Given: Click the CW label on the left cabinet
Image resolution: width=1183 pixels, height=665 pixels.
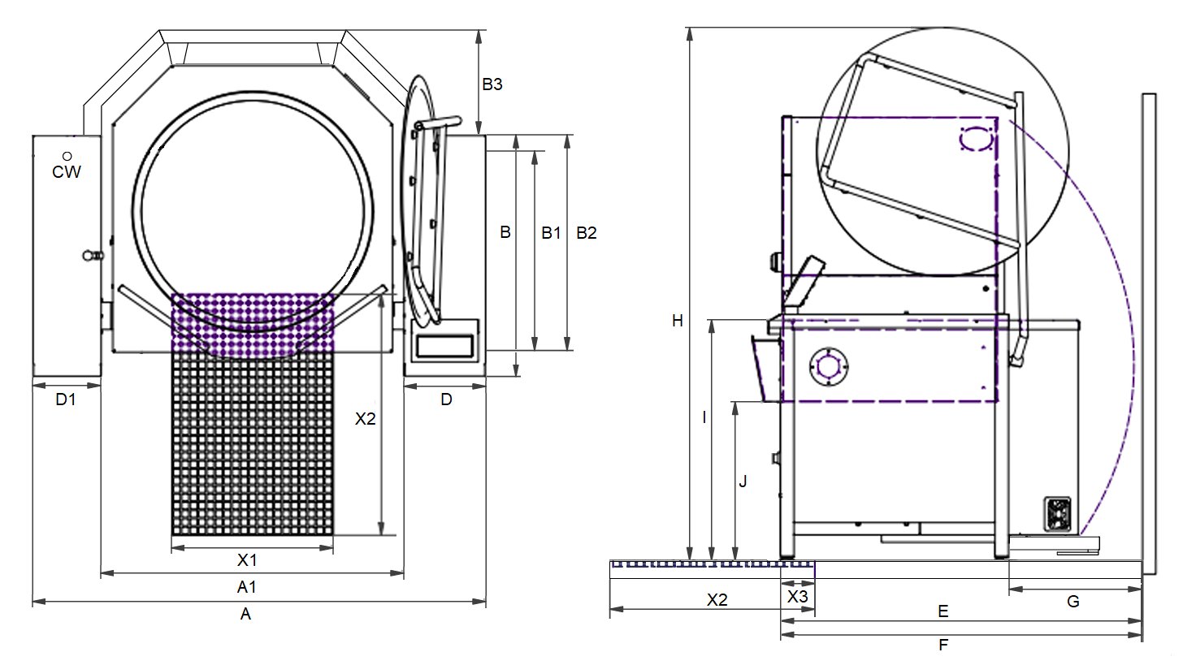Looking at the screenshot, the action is [67, 171].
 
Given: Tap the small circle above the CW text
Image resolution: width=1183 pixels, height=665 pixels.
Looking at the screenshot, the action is [67, 156].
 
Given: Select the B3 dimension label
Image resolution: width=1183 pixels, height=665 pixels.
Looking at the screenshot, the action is [492, 84].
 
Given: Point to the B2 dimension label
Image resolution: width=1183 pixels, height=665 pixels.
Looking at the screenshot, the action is [587, 233].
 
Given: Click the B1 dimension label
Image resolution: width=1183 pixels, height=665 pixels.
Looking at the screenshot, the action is [551, 233].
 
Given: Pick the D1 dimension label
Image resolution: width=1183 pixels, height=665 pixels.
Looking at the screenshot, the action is [66, 399].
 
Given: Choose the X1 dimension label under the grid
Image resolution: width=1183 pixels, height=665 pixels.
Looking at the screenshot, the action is [247, 560].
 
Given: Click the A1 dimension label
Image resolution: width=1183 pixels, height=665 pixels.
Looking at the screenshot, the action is [247, 587].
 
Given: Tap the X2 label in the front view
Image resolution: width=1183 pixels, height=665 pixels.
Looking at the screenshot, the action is [365, 418].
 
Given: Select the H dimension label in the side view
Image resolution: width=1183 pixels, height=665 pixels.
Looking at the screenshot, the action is [678, 321].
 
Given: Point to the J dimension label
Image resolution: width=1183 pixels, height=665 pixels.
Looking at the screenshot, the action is [743, 481].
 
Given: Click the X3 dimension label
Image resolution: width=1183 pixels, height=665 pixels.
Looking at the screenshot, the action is [798, 597].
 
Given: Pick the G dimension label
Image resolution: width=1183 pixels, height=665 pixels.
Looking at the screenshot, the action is [1073, 602].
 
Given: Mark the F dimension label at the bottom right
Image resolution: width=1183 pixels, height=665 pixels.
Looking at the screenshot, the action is [943, 645].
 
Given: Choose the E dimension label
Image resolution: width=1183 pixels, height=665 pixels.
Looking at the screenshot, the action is [943, 611].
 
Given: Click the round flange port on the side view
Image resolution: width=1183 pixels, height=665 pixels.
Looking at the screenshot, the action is [829, 366].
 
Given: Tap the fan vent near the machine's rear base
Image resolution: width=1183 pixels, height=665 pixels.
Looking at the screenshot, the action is [1057, 514].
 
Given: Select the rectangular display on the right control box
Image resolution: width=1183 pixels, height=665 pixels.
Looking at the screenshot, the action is [444, 346].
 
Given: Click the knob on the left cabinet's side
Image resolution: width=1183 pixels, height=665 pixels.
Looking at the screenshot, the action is [93, 256].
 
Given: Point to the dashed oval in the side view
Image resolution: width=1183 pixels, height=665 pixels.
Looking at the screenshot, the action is [977, 139].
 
